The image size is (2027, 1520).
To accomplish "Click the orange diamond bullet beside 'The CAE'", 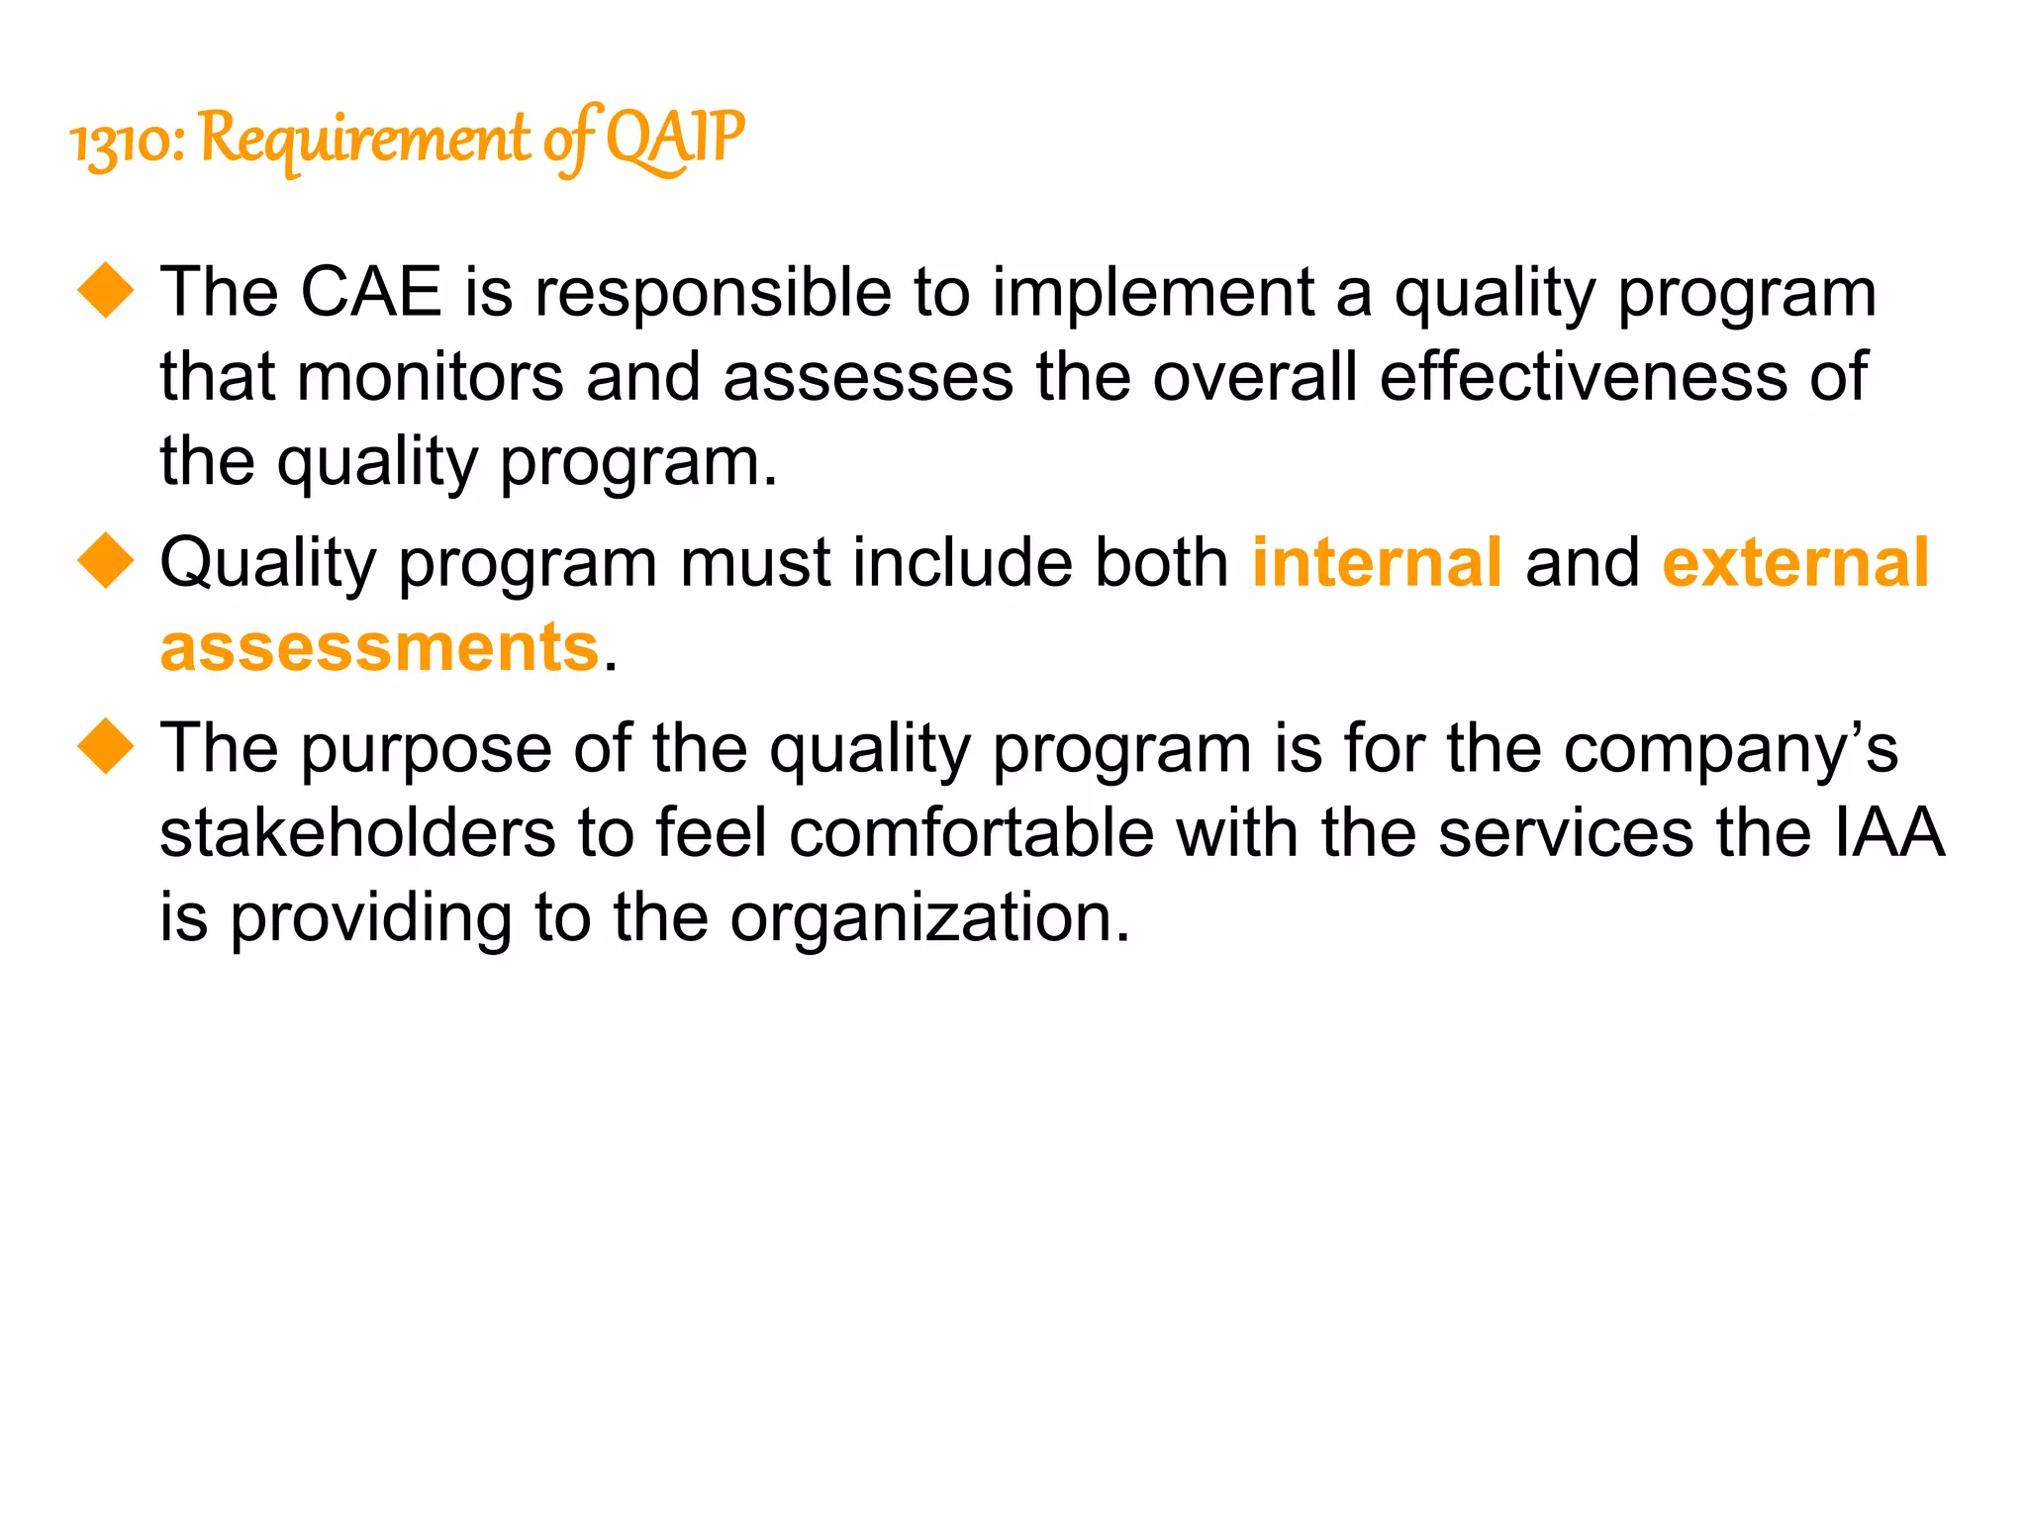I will [106, 290].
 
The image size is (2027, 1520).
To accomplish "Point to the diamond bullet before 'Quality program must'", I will [106, 560].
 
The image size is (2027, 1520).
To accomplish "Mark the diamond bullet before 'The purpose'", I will [106, 745].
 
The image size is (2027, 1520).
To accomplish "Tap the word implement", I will [1153, 294].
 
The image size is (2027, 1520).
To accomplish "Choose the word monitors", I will [429, 377].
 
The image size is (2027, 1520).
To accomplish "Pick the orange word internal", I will [1377, 562].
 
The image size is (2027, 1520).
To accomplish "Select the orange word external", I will [1794, 562].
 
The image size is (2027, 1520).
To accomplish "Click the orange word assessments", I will [380, 648].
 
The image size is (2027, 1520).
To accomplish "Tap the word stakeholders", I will [357, 833].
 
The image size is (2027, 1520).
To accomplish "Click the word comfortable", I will [971, 833].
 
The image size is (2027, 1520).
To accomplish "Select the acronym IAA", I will [1888, 833].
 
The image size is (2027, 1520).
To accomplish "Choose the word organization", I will [928, 919].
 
